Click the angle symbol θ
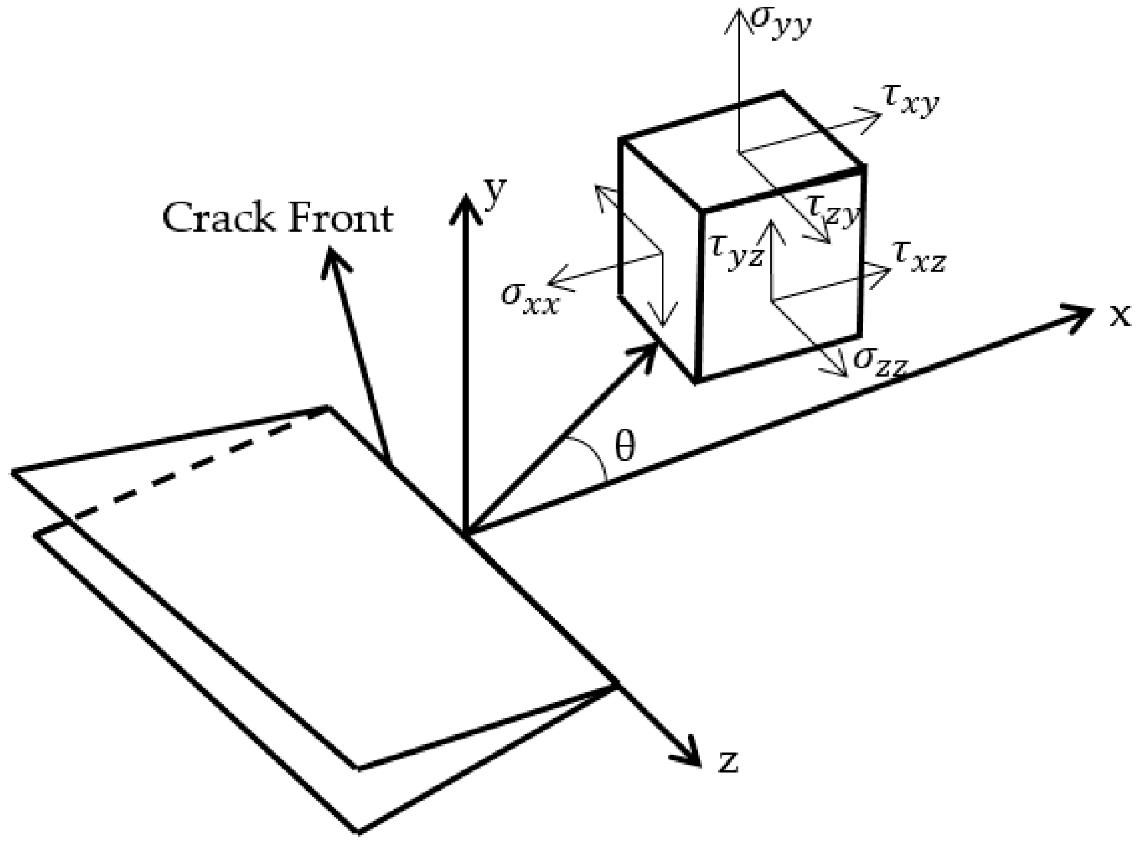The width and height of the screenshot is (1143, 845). (x=624, y=446)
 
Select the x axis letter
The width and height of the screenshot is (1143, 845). (x=1119, y=316)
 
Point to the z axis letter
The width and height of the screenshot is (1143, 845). (x=728, y=762)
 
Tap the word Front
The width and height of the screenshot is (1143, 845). (x=340, y=218)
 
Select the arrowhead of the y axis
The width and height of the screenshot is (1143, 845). (x=466, y=207)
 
